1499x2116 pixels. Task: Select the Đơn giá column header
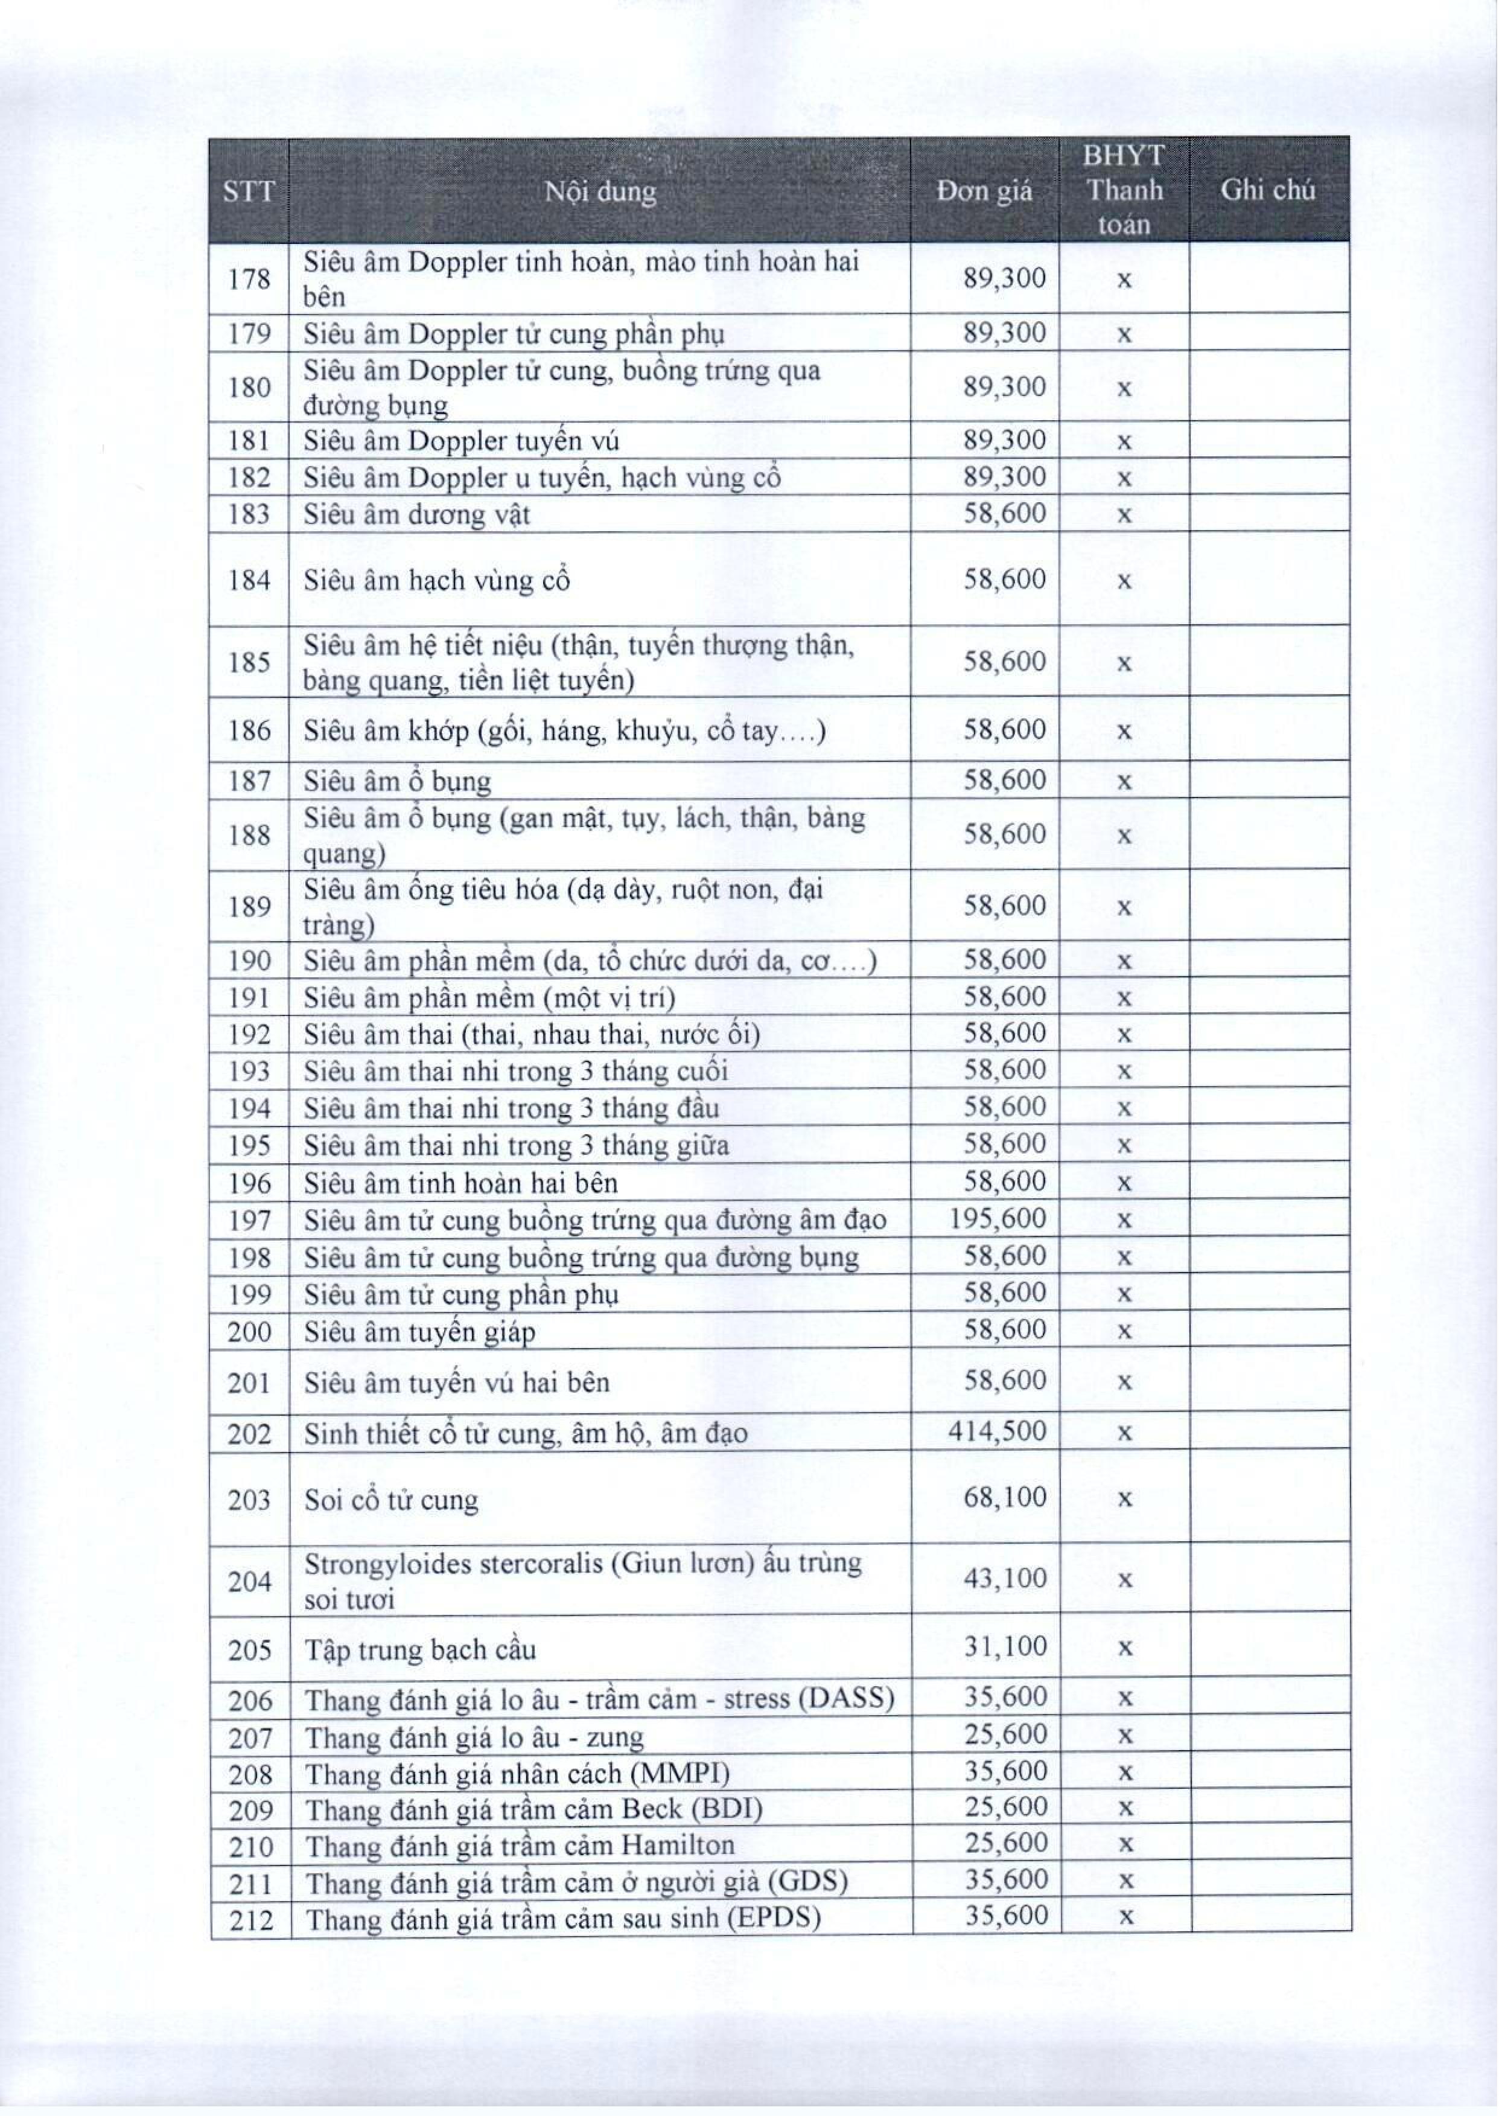click(984, 191)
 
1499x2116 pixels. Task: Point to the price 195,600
click(998, 1219)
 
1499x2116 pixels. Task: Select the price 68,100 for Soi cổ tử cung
click(1005, 1497)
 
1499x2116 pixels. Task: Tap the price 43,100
click(1005, 1577)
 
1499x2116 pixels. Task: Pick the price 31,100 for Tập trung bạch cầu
click(1005, 1646)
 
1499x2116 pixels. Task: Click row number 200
click(249, 1331)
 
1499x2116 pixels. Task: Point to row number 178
click(249, 278)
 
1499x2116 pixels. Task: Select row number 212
click(250, 1919)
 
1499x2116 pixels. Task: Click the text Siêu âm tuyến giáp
click(419, 1331)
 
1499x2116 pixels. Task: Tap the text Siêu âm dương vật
click(416, 514)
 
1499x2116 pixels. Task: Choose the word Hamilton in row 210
click(678, 1846)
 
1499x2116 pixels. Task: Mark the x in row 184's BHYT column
click(1124, 581)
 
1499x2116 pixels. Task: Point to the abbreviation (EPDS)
click(774, 1919)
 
